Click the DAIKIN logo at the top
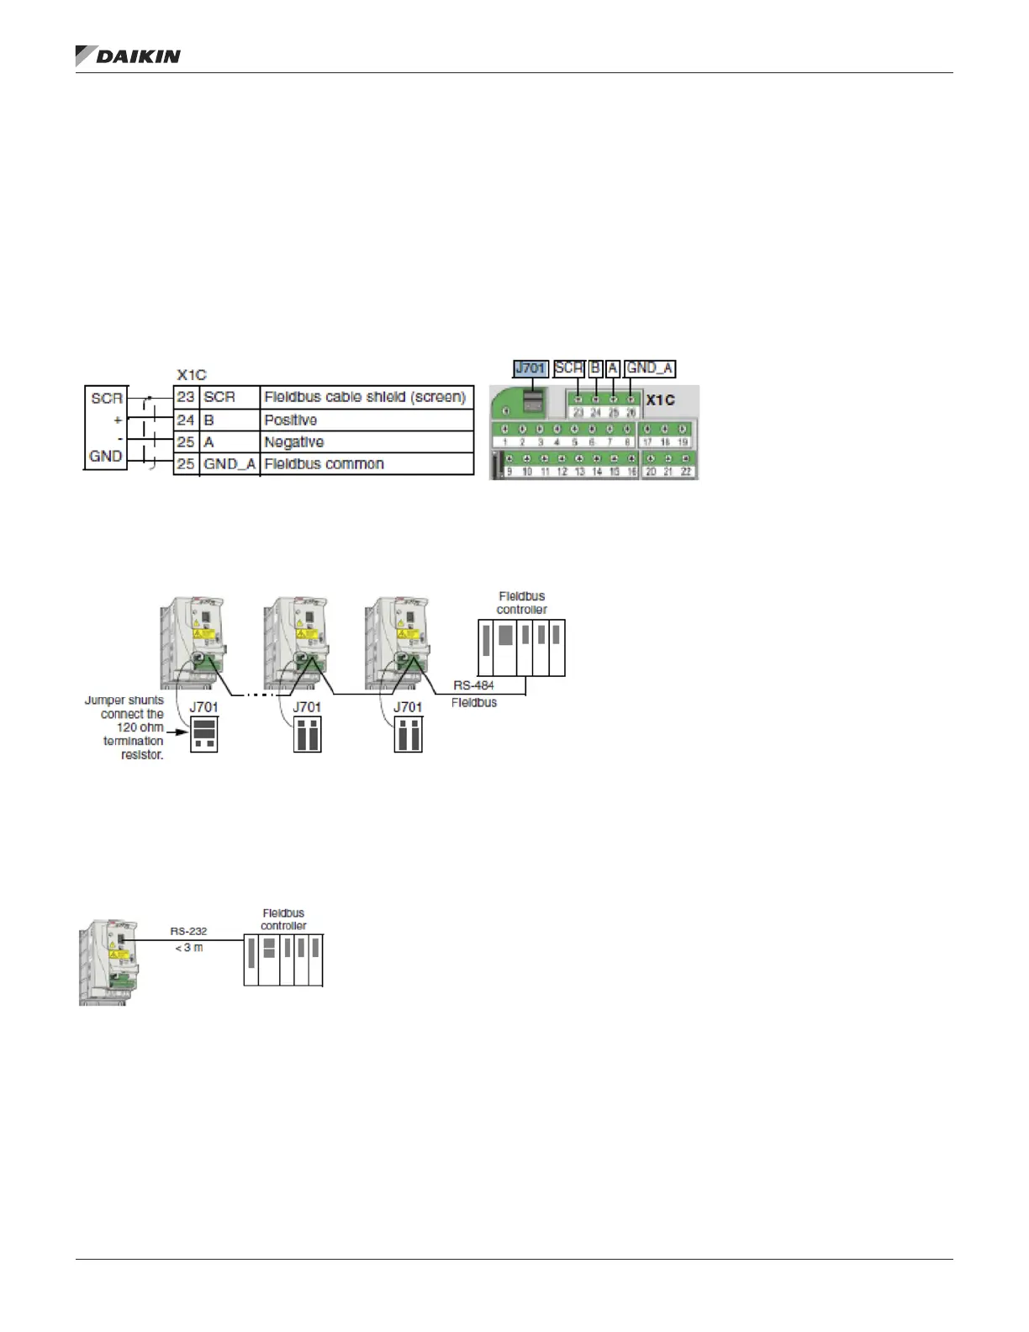click(129, 55)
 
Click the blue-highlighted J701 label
click(530, 368)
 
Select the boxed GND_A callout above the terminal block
click(650, 368)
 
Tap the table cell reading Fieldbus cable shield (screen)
click(365, 397)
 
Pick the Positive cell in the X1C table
click(291, 420)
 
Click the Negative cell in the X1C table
click(293, 441)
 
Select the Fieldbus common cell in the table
click(324, 463)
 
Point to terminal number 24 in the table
click(186, 420)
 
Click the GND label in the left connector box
click(106, 456)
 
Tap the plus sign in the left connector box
click(117, 420)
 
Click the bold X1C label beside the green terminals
click(660, 400)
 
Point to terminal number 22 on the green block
click(686, 472)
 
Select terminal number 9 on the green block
click(509, 472)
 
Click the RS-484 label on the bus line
click(473, 685)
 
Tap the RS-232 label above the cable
click(188, 931)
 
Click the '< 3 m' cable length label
click(188, 947)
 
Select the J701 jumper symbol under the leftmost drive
click(204, 734)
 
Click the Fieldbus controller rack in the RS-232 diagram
click(283, 959)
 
